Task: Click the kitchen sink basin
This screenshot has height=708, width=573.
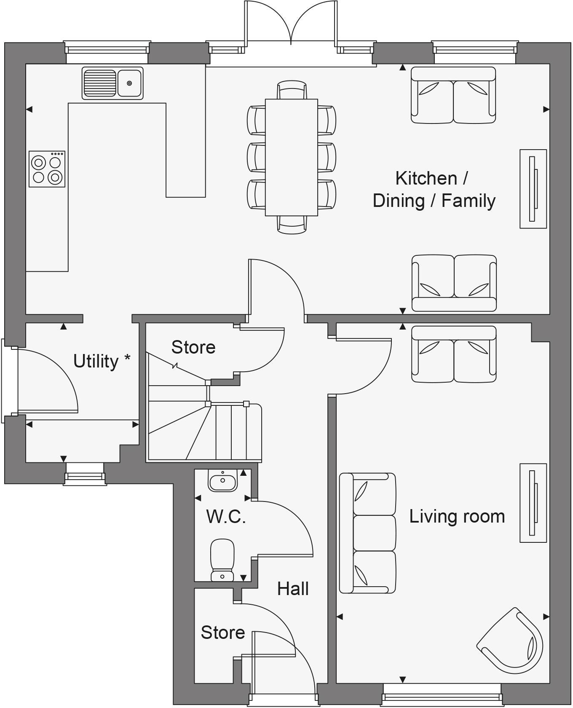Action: (x=129, y=83)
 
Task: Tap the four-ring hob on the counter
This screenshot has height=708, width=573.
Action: (x=47, y=169)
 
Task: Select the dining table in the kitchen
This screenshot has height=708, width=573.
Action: (x=291, y=157)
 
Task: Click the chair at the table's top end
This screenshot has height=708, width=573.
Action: (x=292, y=90)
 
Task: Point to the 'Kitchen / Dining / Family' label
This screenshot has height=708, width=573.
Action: (x=434, y=189)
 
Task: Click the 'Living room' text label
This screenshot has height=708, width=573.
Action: (x=457, y=516)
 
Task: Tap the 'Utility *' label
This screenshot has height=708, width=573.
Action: (x=102, y=361)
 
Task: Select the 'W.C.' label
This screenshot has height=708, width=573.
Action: (x=226, y=517)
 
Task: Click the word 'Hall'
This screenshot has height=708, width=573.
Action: (x=293, y=589)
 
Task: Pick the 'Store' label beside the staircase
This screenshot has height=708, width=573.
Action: (x=193, y=347)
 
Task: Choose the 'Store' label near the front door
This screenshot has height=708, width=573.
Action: (x=223, y=633)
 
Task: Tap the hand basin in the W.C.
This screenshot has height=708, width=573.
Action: (x=222, y=481)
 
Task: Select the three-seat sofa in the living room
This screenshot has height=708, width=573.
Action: (x=368, y=533)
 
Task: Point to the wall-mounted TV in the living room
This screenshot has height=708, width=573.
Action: (x=533, y=503)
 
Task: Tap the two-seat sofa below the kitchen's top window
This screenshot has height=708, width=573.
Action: (x=453, y=95)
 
